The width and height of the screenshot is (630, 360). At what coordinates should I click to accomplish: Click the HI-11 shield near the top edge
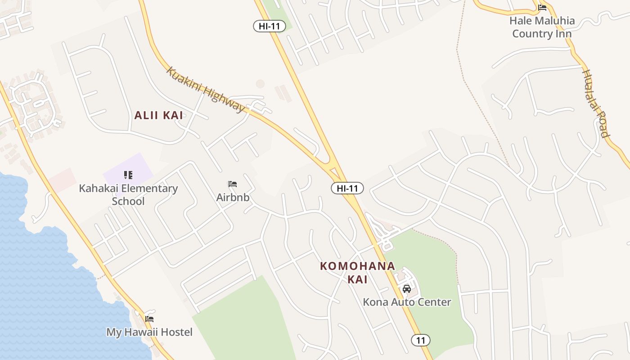[270, 26]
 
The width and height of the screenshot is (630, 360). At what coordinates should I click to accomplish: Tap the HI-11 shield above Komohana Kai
[347, 188]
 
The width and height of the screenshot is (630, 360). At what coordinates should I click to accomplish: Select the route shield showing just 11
[421, 340]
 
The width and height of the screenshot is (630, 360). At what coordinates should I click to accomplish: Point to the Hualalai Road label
[596, 103]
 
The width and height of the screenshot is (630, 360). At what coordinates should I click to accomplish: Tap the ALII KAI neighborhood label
[159, 115]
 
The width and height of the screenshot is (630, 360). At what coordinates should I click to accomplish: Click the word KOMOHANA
[358, 266]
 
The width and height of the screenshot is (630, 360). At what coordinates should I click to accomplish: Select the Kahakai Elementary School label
[128, 194]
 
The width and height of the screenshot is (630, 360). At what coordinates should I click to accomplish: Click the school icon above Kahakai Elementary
[128, 175]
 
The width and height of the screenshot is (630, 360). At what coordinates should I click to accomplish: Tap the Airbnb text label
[233, 197]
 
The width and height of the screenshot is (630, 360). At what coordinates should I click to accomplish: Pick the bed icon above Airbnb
[233, 184]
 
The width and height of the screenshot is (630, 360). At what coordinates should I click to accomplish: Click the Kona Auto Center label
[407, 302]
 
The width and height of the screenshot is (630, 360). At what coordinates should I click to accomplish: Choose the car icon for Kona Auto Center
[407, 289]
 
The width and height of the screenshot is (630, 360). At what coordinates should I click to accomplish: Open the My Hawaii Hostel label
[149, 332]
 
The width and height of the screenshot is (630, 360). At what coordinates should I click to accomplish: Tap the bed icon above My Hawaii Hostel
[149, 319]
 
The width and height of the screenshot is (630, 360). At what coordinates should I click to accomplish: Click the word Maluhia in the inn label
[554, 21]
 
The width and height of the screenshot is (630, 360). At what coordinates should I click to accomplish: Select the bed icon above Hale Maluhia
[542, 8]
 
